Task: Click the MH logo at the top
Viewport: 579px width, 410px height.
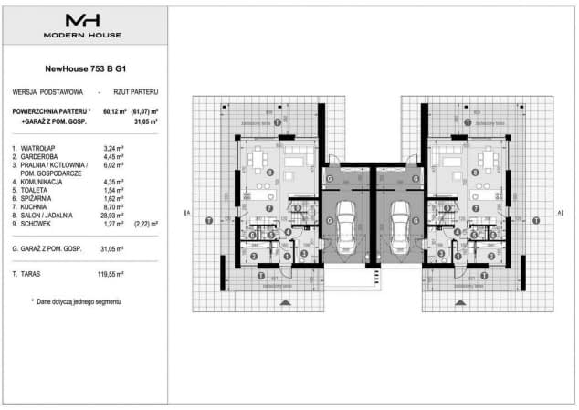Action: (x=84, y=19)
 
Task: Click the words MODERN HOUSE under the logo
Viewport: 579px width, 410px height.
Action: (x=84, y=35)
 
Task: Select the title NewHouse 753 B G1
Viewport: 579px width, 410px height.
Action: (x=83, y=68)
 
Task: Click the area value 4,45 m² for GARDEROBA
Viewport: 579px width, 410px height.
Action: (x=116, y=156)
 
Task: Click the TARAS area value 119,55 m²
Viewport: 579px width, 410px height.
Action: (x=115, y=273)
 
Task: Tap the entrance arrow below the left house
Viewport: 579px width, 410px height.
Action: (x=283, y=301)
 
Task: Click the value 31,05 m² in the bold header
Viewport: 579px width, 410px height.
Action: (x=146, y=119)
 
